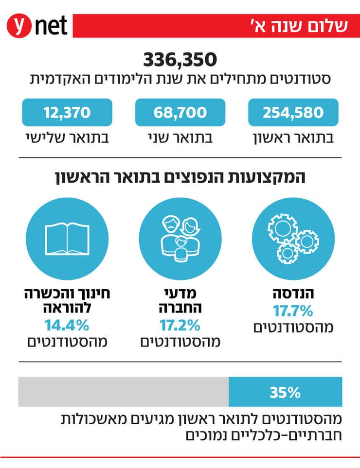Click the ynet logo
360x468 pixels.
click(36, 25)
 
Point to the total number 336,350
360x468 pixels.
click(180, 60)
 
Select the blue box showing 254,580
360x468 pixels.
click(293, 113)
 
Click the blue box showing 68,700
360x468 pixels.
click(180, 113)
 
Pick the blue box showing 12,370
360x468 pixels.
click(67, 113)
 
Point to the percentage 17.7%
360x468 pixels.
click(293, 311)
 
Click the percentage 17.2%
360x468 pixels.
click(180, 324)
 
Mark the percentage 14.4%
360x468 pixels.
click(67, 324)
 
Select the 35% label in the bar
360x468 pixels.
click(285, 392)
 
